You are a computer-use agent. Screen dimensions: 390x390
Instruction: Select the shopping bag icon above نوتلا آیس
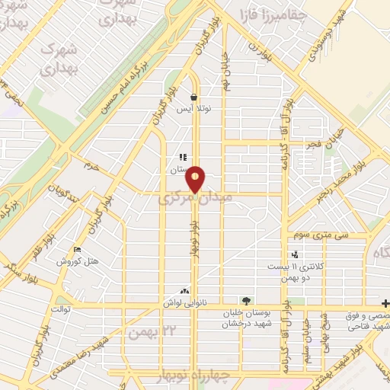(x=195, y=97)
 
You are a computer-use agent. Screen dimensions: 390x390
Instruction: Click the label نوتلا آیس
(x=193, y=110)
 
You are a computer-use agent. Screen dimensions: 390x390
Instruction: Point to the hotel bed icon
(x=77, y=250)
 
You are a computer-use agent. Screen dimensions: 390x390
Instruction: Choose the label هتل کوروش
(x=77, y=261)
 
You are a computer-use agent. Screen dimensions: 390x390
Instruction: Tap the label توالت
(x=60, y=308)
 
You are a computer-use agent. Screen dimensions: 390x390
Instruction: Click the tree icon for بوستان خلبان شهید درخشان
(x=245, y=301)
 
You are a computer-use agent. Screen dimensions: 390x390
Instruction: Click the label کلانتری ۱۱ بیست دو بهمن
(x=294, y=272)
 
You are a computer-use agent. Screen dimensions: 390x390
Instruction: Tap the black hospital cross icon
(x=385, y=302)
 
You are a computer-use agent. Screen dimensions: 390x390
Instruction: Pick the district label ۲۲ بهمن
(x=147, y=332)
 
